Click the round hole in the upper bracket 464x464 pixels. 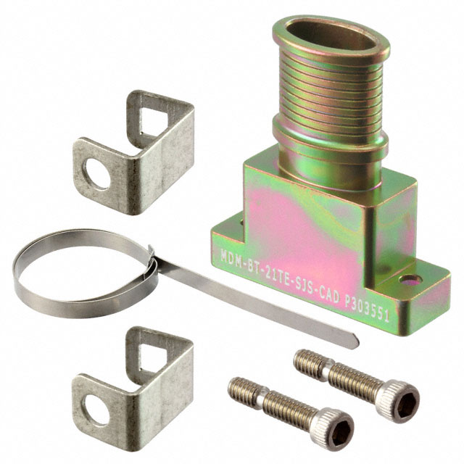tap(96, 174)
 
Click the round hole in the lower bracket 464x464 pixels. tap(96, 410)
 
